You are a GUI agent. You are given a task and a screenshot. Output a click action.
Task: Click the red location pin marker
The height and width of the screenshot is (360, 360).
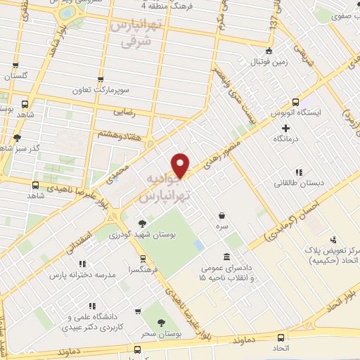(181, 165)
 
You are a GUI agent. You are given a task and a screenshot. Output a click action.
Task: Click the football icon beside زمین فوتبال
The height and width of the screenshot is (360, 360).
(269, 51)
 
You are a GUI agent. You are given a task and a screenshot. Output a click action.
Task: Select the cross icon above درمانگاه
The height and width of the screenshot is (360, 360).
(285, 128)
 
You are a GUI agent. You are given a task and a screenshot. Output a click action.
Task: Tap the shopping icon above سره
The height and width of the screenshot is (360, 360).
(222, 216)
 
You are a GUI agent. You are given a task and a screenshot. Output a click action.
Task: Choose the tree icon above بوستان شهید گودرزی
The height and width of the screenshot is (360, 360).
(144, 223)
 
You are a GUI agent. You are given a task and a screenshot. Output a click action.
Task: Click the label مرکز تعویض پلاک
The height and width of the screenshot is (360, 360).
(334, 251)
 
